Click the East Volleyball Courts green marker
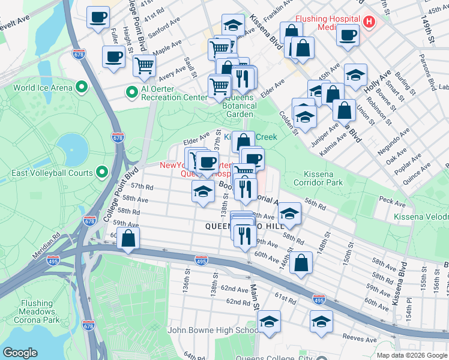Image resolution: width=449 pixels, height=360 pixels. [102, 173]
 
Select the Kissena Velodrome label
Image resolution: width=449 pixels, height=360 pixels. [421, 216]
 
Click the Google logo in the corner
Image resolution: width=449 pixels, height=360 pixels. [20, 352]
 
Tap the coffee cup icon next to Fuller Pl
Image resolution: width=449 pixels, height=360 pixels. [113, 57]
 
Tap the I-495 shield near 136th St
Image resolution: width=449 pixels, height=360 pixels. [201, 260]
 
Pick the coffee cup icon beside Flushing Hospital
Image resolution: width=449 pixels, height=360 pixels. [347, 34]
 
